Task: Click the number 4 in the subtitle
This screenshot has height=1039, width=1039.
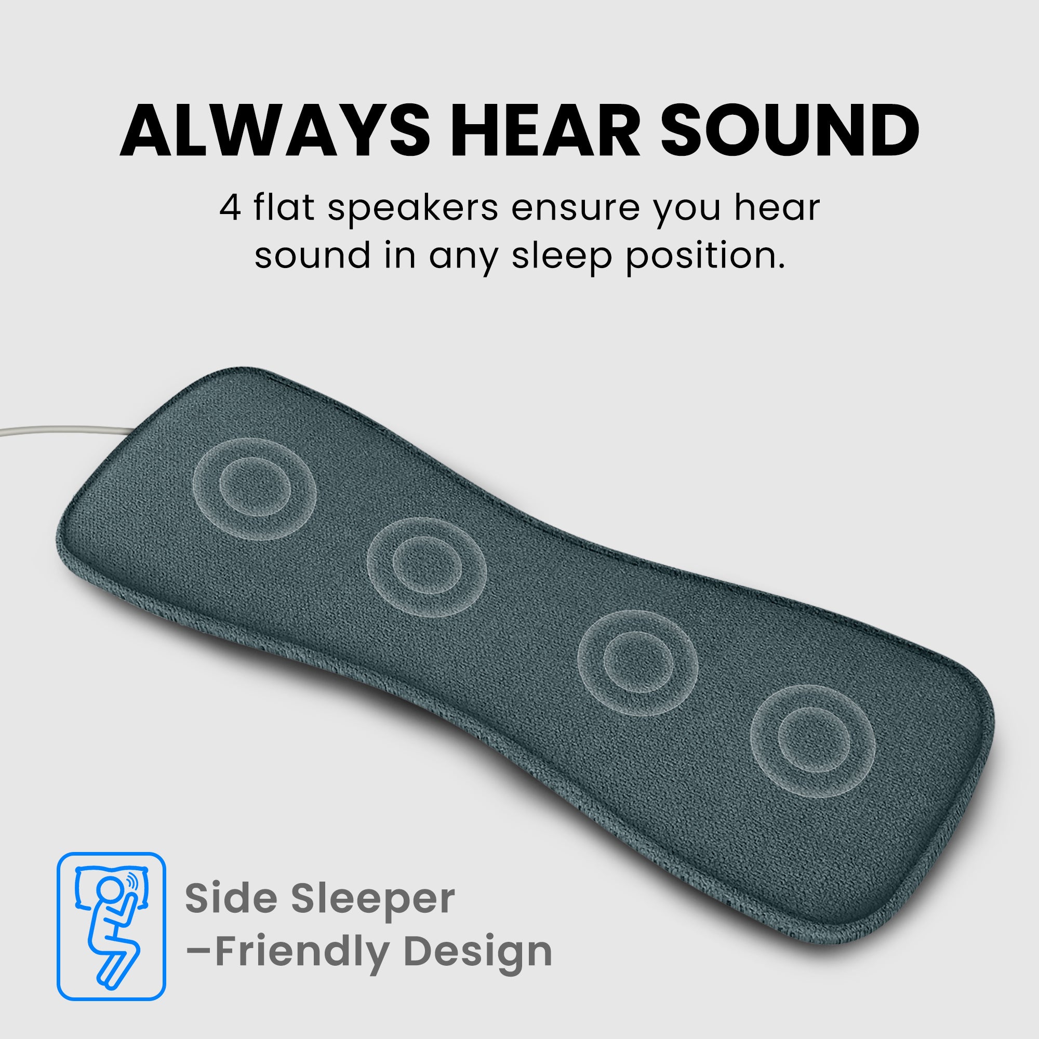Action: point(230,209)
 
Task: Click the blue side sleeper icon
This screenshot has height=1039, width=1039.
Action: point(111,926)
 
